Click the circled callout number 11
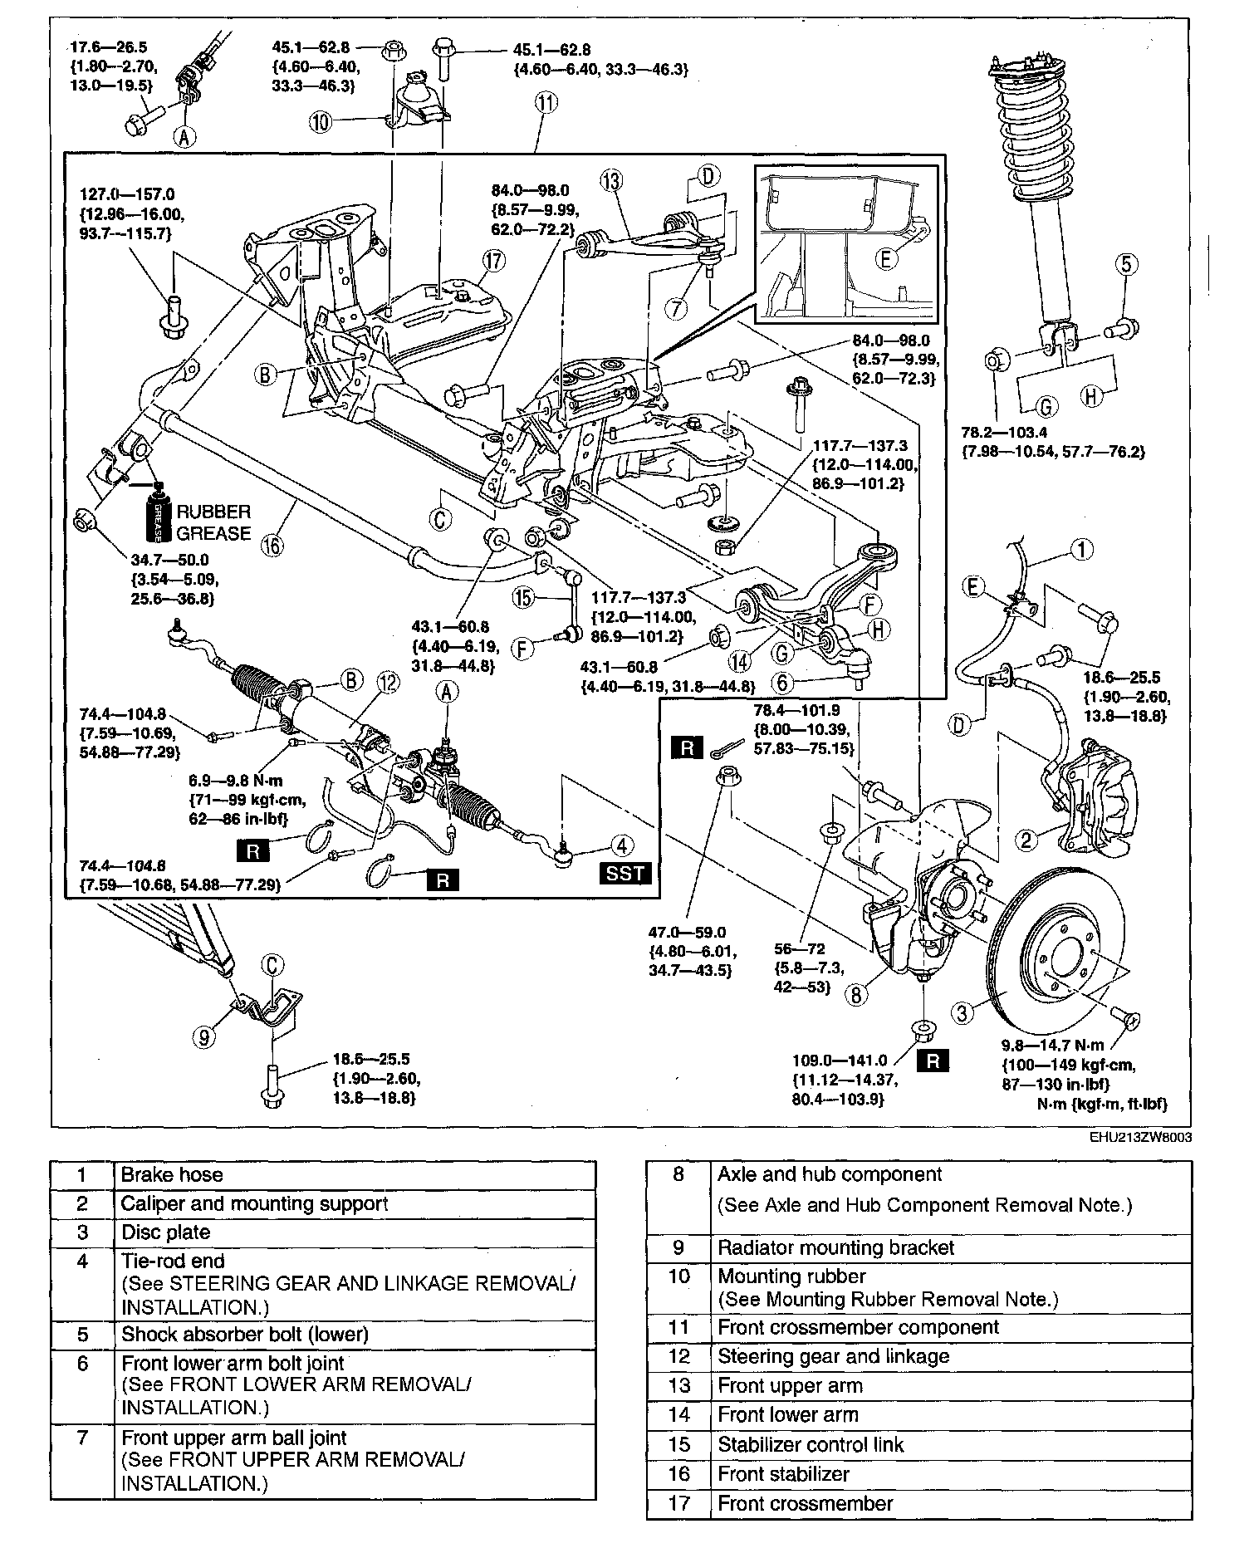pyautogui.click(x=546, y=103)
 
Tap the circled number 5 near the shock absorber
pyautogui.click(x=1125, y=264)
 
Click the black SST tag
pyautogui.click(x=624, y=873)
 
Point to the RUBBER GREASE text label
pyautogui.click(x=213, y=522)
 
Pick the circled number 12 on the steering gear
pyautogui.click(x=388, y=683)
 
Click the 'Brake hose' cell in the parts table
pyautogui.click(x=172, y=1175)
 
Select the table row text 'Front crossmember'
pyautogui.click(x=805, y=1503)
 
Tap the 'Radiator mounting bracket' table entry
pyautogui.click(x=835, y=1247)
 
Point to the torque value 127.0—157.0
pyautogui.click(x=126, y=195)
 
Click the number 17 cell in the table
pyautogui.click(x=678, y=1503)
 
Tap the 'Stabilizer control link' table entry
pyautogui.click(x=811, y=1444)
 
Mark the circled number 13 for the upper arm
pyautogui.click(x=611, y=181)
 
